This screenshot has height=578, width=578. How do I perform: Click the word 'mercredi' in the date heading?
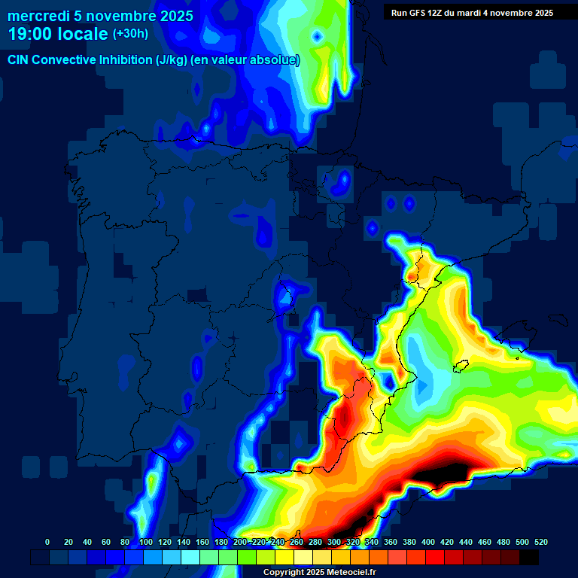click(x=38, y=16)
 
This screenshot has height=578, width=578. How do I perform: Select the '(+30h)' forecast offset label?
click(x=130, y=34)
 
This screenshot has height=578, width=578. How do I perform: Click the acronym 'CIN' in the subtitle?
click(x=19, y=60)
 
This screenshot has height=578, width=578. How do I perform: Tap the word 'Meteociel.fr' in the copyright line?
click(x=351, y=573)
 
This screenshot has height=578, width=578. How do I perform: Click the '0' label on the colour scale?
click(x=47, y=542)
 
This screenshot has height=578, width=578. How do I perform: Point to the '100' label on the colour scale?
click(x=145, y=542)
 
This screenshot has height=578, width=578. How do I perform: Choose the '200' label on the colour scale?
click(x=240, y=542)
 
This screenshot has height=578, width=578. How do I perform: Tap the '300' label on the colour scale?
click(x=334, y=542)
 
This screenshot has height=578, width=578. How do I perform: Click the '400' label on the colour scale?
click(x=428, y=542)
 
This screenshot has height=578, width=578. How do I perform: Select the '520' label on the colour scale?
click(x=540, y=542)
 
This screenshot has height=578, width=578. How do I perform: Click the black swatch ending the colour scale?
click(x=529, y=557)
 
